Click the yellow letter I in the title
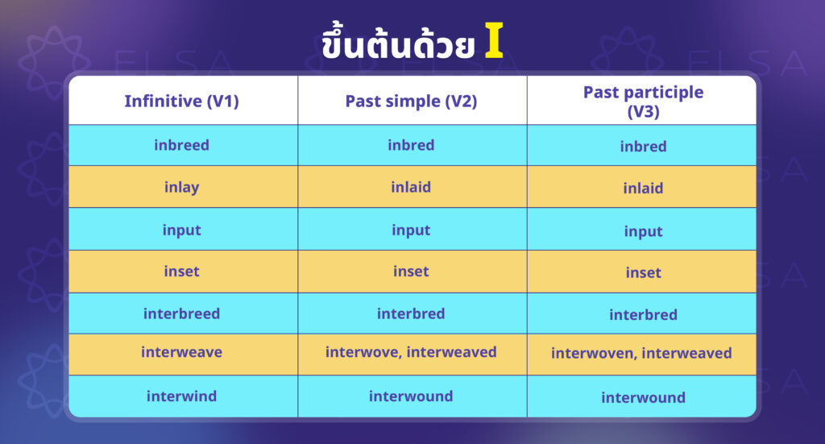(x=494, y=40)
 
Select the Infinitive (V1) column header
(x=181, y=101)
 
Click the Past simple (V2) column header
(x=411, y=101)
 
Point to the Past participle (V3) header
(x=643, y=102)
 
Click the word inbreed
(x=181, y=145)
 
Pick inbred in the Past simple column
(x=411, y=145)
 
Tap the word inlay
(x=181, y=188)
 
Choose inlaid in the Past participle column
(x=643, y=188)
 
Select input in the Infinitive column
(x=181, y=230)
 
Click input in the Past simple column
(x=411, y=230)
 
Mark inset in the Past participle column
(x=643, y=272)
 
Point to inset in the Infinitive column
(x=181, y=272)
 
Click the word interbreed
(x=181, y=313)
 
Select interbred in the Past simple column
(x=411, y=313)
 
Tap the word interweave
(x=181, y=352)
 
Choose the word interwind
(x=181, y=396)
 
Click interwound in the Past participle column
(x=643, y=397)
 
